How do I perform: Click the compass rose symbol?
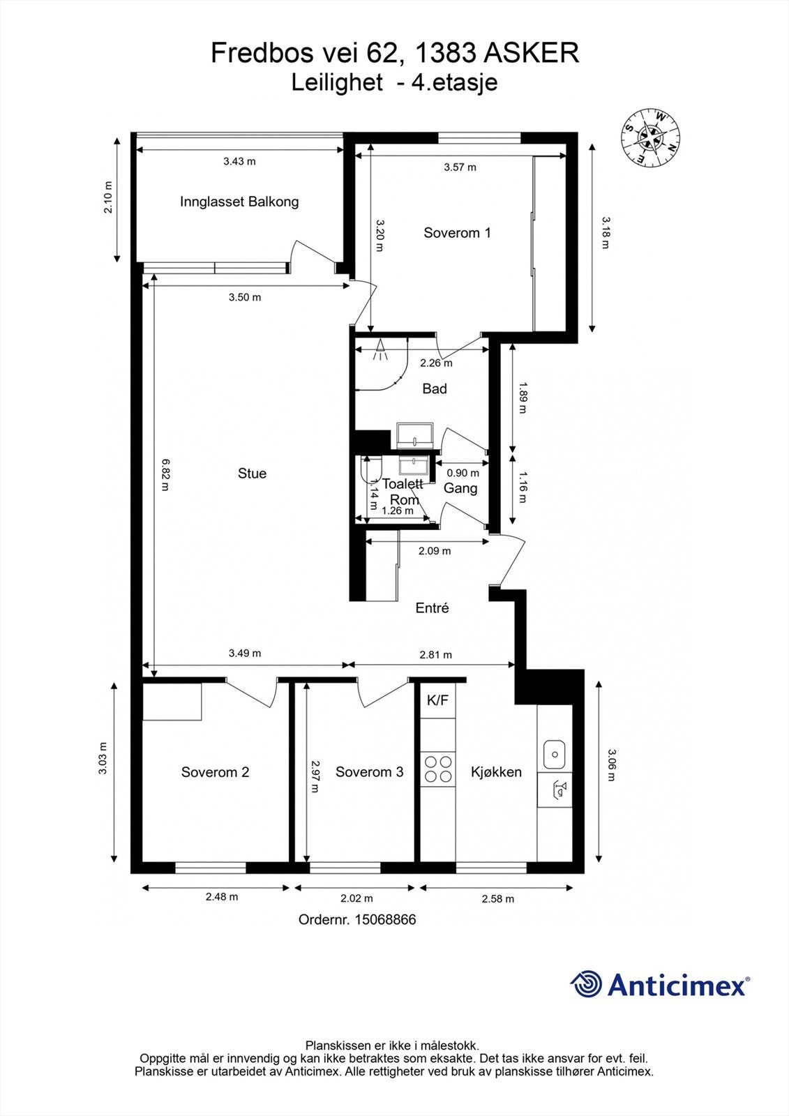coord(650,137)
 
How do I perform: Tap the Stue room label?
coord(253,474)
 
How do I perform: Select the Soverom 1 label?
coord(457,233)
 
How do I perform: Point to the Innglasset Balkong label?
coord(239,202)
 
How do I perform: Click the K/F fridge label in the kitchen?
coord(437,700)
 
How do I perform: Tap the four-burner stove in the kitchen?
coord(438,769)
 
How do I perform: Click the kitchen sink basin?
coord(554,754)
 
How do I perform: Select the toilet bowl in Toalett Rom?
coord(370,469)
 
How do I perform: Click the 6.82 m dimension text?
coord(165,475)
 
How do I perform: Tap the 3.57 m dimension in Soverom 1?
coord(460,167)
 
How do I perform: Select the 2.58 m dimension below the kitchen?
coord(498,898)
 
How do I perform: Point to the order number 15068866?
coord(385,919)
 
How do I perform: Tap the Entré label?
coord(433,608)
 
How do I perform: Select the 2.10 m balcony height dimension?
coord(107,197)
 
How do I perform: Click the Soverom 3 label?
coord(369,772)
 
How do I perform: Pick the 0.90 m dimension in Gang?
coord(463,473)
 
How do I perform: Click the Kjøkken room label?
coord(497,772)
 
